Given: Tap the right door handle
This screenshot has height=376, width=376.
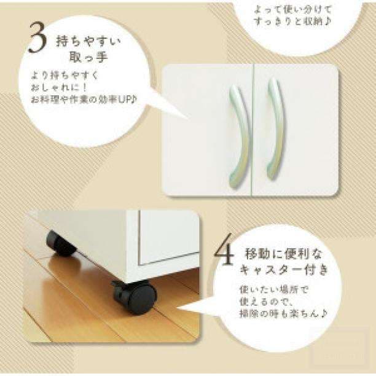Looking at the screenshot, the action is pyautogui.click(x=276, y=130).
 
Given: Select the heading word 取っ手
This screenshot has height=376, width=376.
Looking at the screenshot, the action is pyautogui.click(x=88, y=58).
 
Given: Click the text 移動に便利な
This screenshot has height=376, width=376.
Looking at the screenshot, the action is pyautogui.click(x=283, y=254).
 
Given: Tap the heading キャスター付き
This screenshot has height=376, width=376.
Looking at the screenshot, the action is pyautogui.click(x=284, y=270).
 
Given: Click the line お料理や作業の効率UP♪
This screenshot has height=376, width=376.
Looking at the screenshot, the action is pyautogui.click(x=84, y=100).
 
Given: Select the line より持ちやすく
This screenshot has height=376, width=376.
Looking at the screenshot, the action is pyautogui.click(x=65, y=76).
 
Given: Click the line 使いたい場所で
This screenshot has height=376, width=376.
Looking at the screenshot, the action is pyautogui.click(x=273, y=290).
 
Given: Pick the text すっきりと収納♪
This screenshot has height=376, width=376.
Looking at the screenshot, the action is pyautogui.click(x=293, y=22).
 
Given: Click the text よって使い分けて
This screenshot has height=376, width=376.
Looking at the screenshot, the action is pyautogui.click(x=293, y=10).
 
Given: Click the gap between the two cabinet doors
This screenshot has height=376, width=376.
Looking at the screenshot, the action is pyautogui.click(x=253, y=130).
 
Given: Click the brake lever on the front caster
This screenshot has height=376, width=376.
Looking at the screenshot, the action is pyautogui.click(x=117, y=285).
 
